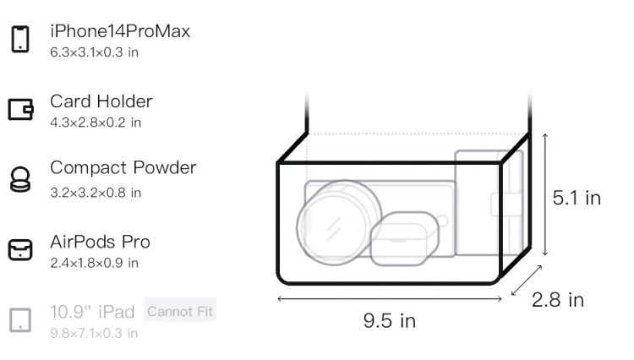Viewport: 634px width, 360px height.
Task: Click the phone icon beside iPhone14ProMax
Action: pos(20,39)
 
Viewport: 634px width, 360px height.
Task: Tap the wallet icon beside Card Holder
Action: pos(20,110)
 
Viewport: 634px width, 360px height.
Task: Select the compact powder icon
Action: pos(19,179)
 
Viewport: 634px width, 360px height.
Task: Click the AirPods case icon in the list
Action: pos(20,249)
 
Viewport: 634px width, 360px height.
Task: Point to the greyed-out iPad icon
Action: pos(20,320)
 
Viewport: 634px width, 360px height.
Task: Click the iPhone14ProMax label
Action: pos(120,31)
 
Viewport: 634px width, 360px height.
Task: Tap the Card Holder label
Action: pos(101,101)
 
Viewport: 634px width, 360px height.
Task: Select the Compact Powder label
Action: pos(123,167)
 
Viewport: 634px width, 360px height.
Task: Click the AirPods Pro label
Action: pos(101,242)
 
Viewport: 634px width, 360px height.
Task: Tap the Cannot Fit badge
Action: pos(180,311)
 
